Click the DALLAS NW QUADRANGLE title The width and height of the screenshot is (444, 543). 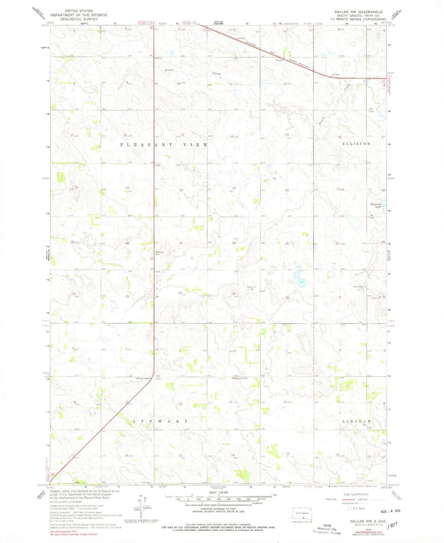(359, 12)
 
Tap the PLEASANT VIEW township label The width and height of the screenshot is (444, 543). (164, 145)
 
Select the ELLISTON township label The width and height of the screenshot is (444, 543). (356, 144)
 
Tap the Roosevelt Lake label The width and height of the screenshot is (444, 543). (376, 205)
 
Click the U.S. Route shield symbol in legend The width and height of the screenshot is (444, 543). (350, 508)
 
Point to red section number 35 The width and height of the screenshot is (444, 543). (234, 294)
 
